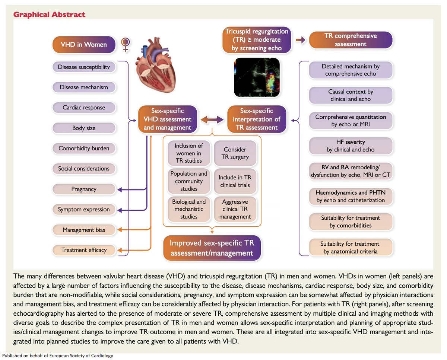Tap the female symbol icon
pyautogui.click(x=126, y=44)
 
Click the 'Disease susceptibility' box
pyautogui.click(x=84, y=67)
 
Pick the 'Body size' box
pyautogui.click(x=84, y=128)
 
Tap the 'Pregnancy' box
pyautogui.click(x=84, y=189)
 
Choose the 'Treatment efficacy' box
pyautogui.click(x=84, y=250)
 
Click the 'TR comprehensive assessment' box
pyautogui.click(x=351, y=40)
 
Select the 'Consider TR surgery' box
pyautogui.click(x=235, y=153)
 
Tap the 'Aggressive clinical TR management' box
pyautogui.click(x=235, y=209)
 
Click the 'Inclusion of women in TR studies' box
pyautogui.click(x=188, y=153)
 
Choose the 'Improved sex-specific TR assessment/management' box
pyautogui.click(x=212, y=248)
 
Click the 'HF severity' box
pyautogui.click(x=351, y=146)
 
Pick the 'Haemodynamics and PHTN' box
pyautogui.click(x=351, y=197)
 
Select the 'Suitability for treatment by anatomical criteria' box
pyautogui.click(x=351, y=248)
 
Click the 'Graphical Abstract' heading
pyautogui.click(x=50, y=15)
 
